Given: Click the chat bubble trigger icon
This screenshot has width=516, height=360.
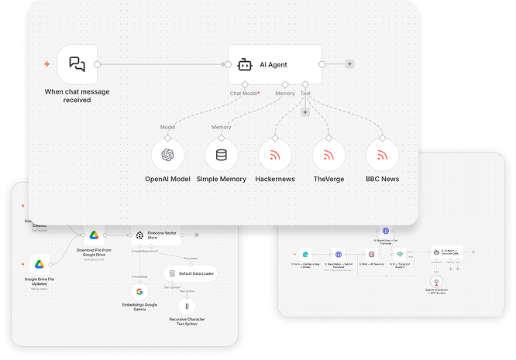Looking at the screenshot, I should pos(77,64).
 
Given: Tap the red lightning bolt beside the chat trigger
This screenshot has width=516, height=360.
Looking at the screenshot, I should pos(46,64).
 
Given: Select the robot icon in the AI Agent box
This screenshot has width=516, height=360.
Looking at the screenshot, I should pos(245,64).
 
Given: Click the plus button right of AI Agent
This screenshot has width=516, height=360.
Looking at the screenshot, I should pos(349,64).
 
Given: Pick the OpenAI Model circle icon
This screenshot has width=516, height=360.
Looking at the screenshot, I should pos(168,155).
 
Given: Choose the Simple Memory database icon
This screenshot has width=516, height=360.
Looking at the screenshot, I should pos(222,155).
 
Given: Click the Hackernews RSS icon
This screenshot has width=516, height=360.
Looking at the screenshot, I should pos(275,155).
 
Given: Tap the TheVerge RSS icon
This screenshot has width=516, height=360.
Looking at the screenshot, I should pos(329,155).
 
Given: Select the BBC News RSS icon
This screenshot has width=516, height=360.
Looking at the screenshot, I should pos(382,155).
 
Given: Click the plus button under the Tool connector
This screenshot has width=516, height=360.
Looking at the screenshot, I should pos(304,112).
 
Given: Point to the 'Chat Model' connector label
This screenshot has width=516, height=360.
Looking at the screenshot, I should pos(245,93).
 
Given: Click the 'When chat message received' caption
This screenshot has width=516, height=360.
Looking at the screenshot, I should pos(77,95).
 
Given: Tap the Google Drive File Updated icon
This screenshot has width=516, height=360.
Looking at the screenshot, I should pos(40,265).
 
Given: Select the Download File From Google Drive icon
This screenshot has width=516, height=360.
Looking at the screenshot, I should pos(92,234).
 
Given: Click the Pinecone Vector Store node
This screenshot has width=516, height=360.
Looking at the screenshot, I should pos(161,234).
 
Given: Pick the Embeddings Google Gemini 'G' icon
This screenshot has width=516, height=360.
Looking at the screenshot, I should pos(139,292).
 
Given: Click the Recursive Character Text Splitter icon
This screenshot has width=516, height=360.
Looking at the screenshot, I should pos(187,305).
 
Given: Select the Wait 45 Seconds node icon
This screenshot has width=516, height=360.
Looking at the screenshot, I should pos(371,253).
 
